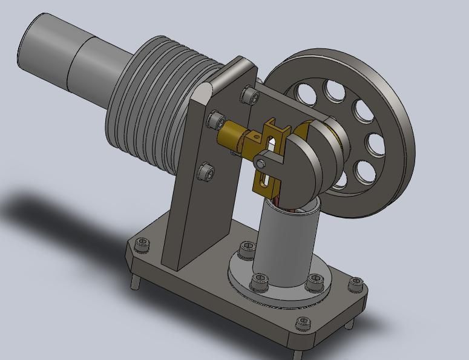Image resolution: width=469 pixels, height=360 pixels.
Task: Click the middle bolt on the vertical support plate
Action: coord(215,120)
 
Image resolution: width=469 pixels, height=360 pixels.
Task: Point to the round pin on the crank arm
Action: coord(260,163)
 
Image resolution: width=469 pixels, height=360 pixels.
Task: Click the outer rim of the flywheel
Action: coord(396,182)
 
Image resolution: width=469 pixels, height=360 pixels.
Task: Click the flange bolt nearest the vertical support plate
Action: coord(247,248)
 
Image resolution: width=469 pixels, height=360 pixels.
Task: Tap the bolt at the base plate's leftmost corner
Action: coord(142,244)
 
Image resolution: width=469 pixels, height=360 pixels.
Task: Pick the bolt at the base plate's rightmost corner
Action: coord(357,283)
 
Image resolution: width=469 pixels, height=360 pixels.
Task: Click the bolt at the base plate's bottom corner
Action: coord(303,324)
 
